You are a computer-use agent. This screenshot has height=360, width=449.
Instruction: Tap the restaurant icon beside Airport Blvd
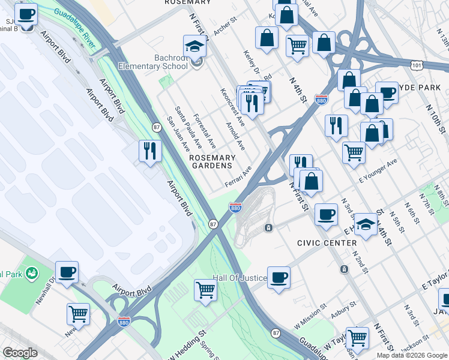pyautogui.click(x=150, y=150)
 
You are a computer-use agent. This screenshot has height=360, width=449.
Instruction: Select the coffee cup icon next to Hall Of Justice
pyautogui.click(x=279, y=277)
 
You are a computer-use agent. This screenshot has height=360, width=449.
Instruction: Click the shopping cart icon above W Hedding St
pyautogui.click(x=206, y=290)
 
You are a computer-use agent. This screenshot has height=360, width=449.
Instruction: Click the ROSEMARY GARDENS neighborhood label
pyautogui.click(x=211, y=161)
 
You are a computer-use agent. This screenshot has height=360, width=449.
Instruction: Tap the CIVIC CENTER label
pyautogui.click(x=327, y=242)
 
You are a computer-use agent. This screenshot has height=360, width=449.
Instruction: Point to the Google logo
pyautogui.click(x=20, y=353)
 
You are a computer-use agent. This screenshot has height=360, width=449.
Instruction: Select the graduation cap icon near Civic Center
pyautogui.click(x=365, y=224)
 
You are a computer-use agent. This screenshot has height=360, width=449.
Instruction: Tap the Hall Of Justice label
pyautogui.click(x=239, y=278)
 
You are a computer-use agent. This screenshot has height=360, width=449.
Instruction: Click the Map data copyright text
pyautogui.click(x=411, y=355)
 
